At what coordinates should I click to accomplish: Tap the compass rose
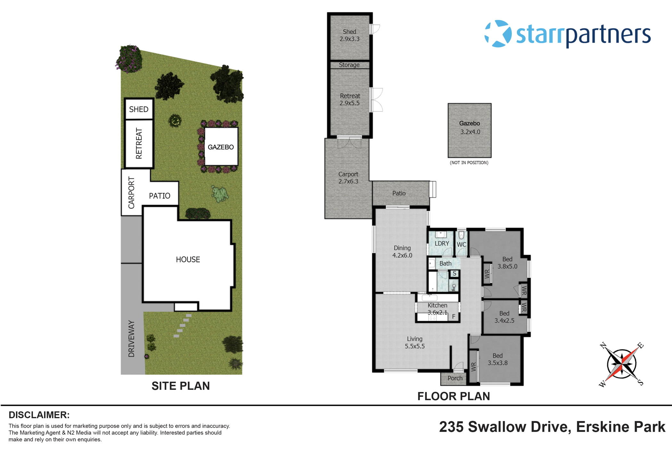pyautogui.click(x=621, y=364)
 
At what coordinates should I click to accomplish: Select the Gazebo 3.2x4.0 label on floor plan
pyautogui.click(x=470, y=128)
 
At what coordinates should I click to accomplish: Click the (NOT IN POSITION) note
pyautogui.click(x=469, y=163)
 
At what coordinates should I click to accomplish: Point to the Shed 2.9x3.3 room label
pyautogui.click(x=349, y=35)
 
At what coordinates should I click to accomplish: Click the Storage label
pyautogui.click(x=349, y=65)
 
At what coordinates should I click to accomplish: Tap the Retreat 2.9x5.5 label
pyautogui.click(x=350, y=99)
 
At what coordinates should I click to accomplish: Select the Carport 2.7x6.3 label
pyautogui.click(x=348, y=178)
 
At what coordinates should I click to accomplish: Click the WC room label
pyautogui.click(x=461, y=245)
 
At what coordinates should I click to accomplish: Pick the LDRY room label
pyautogui.click(x=442, y=244)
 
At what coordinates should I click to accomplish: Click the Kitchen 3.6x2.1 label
pyautogui.click(x=437, y=309)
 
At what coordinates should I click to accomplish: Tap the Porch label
pyautogui.click(x=455, y=378)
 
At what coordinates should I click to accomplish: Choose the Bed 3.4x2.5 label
pyautogui.click(x=504, y=317)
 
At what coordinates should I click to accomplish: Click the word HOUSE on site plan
pyautogui.click(x=188, y=259)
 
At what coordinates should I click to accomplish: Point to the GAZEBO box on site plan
pyautogui.click(x=221, y=147)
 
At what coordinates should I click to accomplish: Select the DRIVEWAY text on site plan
pyautogui.click(x=131, y=339)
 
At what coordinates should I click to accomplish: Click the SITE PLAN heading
pyautogui.click(x=180, y=386)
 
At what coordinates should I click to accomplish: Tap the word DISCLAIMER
pyautogui.click(x=39, y=415)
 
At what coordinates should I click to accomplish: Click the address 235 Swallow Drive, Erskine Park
pyautogui.click(x=552, y=427)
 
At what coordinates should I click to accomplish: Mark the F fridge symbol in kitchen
pyautogui.click(x=454, y=317)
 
